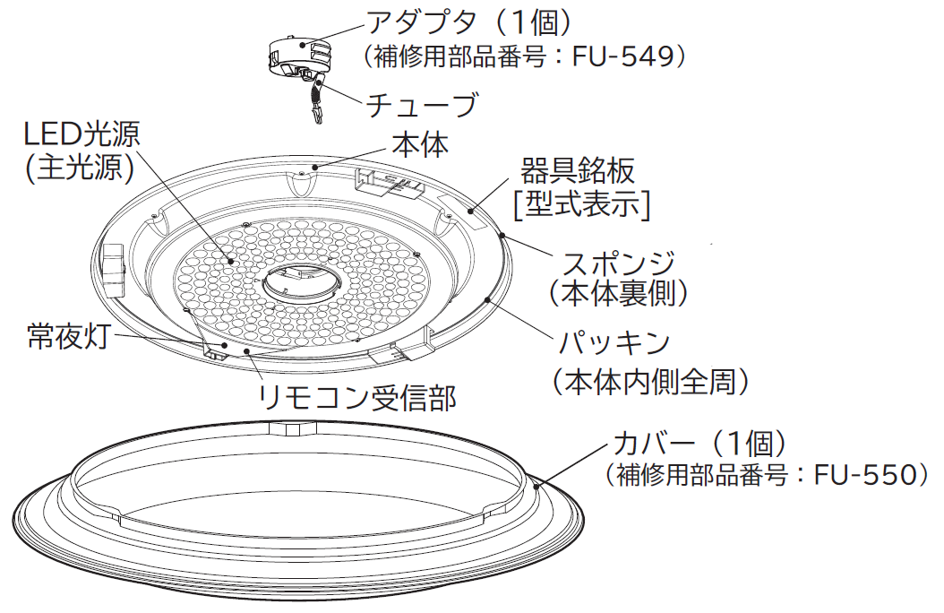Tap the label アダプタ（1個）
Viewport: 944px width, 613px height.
tap(469, 23)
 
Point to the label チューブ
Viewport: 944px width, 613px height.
tap(422, 104)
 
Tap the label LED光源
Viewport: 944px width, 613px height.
tap(82, 134)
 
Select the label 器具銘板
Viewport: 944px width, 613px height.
tap(578, 171)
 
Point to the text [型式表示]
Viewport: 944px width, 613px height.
tap(581, 204)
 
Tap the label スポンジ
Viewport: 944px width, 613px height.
tap(618, 263)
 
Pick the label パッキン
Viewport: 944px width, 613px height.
tap(614, 342)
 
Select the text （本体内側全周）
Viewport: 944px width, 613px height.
tap(651, 381)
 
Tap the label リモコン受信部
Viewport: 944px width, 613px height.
tap(357, 397)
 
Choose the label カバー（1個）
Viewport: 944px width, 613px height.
tap(699, 444)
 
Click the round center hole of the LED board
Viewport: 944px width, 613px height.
tap(301, 282)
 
